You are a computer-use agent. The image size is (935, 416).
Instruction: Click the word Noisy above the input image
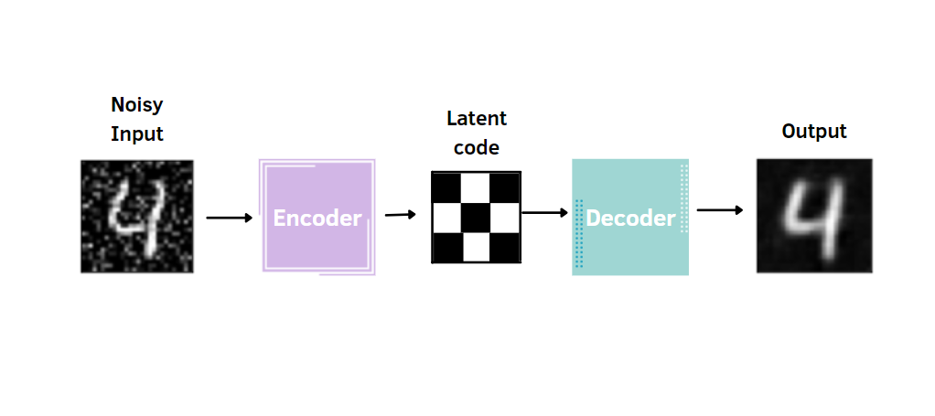point(136,104)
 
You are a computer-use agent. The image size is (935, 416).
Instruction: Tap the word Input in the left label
point(136,133)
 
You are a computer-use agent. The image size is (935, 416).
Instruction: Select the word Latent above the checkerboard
point(476,119)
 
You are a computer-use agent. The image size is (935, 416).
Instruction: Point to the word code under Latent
point(476,148)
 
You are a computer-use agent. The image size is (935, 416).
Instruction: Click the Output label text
point(813,132)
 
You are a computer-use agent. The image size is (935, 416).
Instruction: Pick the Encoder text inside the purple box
point(317,219)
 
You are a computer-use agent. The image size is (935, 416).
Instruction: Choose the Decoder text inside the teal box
point(630,219)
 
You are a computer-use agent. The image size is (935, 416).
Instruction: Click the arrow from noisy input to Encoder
point(229,218)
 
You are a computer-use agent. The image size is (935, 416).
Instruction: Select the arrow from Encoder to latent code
point(400,215)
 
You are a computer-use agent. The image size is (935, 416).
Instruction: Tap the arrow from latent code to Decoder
point(544,213)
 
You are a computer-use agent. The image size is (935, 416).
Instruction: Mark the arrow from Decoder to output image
point(719,210)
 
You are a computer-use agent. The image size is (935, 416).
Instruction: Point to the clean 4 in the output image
point(815,218)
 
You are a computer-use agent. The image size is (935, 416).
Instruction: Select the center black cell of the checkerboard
point(476,218)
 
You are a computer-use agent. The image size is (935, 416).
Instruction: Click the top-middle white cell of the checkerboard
point(476,187)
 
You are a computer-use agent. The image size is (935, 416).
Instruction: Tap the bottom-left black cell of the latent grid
point(446,248)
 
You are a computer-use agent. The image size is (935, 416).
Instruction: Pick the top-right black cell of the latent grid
point(505,187)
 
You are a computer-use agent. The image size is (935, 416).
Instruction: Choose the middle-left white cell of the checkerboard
point(446,218)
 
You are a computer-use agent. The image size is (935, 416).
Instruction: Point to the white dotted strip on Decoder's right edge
point(683,198)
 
